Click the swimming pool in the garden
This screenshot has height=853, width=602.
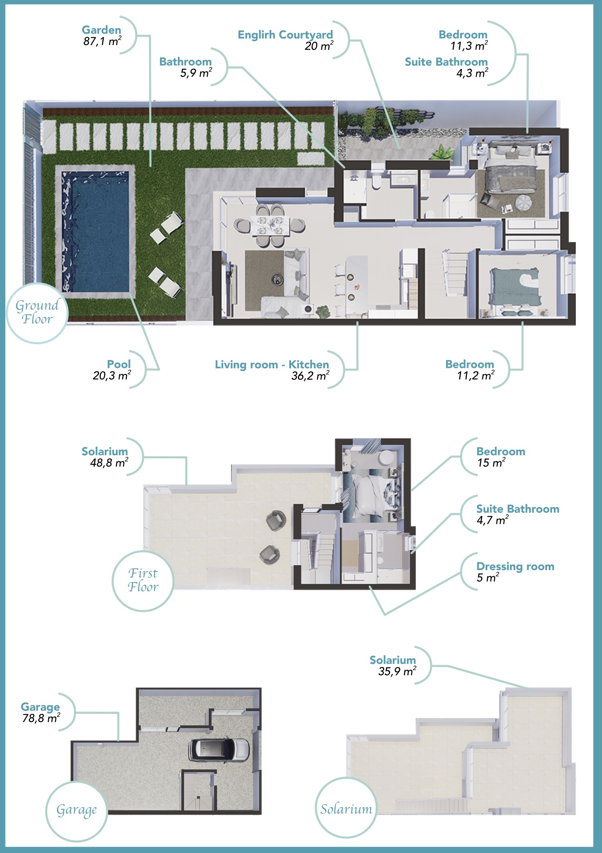tap(95, 231)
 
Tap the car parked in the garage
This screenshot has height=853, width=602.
tap(219, 749)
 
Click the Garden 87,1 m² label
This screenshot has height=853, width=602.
tap(102, 35)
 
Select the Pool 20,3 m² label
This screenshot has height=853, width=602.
tap(112, 370)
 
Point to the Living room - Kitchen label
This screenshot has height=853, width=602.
tap(272, 370)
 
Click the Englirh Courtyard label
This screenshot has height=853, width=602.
tap(286, 40)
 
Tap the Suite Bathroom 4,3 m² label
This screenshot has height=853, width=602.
tap(446, 67)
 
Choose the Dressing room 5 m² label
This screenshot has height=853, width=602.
tap(515, 572)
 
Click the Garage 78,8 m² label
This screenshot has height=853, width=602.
tap(41, 713)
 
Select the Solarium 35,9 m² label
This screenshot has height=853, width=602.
tap(393, 666)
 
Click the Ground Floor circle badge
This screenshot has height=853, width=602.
tap(37, 313)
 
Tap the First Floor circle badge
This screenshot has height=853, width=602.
tap(143, 580)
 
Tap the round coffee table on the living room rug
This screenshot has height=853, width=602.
tap(276, 279)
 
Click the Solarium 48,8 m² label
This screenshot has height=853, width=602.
tap(105, 457)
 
